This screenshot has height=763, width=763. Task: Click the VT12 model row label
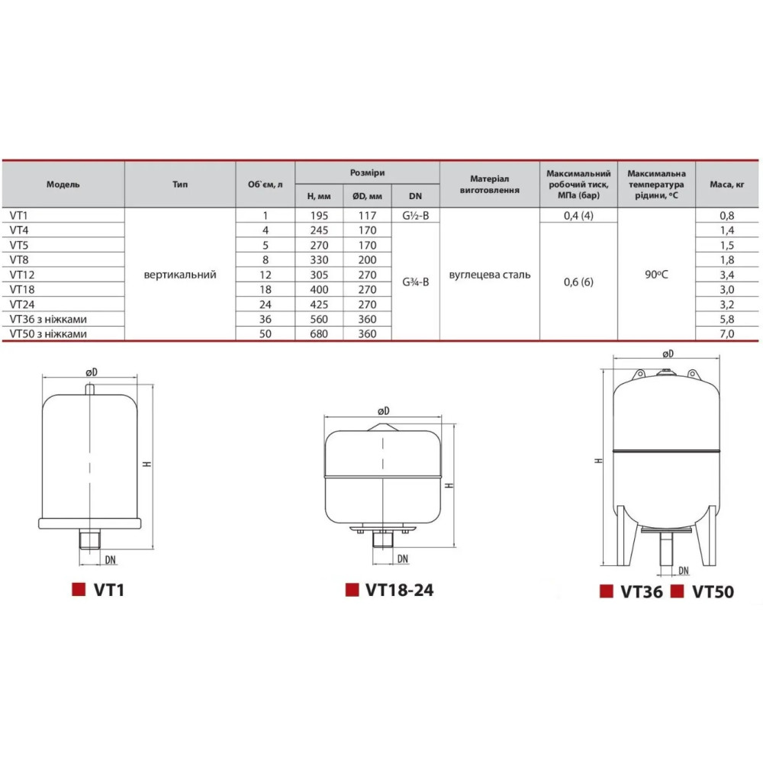click(22, 275)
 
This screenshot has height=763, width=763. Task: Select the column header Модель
click(63, 185)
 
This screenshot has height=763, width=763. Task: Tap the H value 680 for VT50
click(319, 334)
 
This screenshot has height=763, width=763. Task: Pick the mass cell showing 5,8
click(726, 319)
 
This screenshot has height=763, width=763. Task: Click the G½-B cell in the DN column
click(416, 216)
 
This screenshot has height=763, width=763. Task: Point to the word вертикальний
click(180, 275)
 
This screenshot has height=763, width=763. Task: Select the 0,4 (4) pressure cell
click(578, 216)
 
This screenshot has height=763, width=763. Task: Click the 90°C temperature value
click(656, 275)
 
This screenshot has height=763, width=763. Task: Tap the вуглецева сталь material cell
click(490, 275)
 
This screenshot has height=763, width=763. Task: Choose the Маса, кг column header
click(726, 185)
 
